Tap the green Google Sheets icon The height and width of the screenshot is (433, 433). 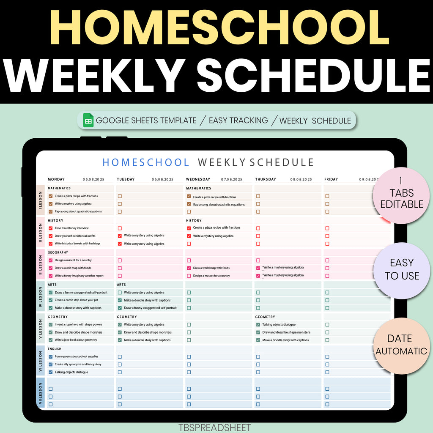point(88,120)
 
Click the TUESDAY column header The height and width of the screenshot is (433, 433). point(126,179)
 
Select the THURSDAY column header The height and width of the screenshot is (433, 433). point(266,179)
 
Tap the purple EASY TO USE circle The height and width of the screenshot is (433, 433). point(402,269)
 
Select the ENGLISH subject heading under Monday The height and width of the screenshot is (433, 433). point(55,349)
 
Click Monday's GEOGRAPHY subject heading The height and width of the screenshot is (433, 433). point(58,252)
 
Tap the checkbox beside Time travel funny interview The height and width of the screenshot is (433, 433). point(51,228)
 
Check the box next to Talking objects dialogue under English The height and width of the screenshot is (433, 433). point(51,372)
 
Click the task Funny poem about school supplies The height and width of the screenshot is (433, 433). point(76,356)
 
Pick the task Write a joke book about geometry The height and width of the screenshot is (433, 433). point(76,340)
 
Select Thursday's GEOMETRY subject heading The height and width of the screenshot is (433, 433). point(265,317)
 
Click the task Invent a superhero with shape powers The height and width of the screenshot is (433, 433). point(78,324)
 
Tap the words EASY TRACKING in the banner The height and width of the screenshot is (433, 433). point(238,121)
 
